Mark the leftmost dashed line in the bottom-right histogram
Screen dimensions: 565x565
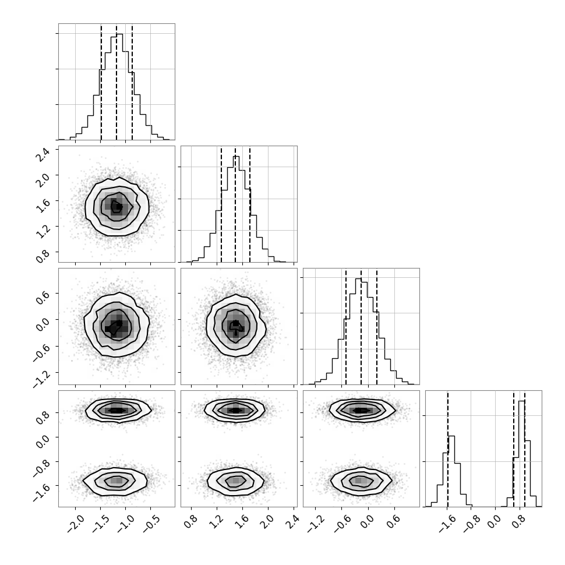tap(448, 449)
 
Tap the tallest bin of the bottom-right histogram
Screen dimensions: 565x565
tap(522, 454)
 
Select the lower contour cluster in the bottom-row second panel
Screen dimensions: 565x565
tap(236, 481)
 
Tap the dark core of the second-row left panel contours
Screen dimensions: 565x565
tap(116, 207)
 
